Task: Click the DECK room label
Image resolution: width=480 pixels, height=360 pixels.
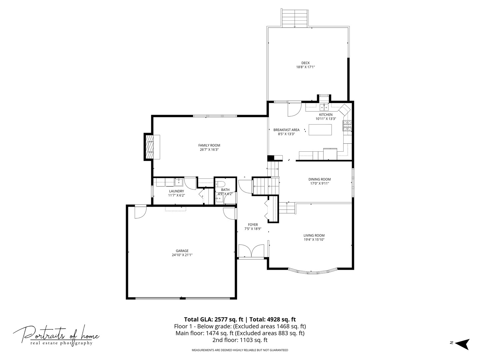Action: (305, 63)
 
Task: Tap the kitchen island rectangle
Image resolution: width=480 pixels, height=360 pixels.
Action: (320, 130)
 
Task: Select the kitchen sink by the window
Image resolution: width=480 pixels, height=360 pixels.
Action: (324, 107)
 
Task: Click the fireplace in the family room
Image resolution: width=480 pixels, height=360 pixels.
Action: (152, 147)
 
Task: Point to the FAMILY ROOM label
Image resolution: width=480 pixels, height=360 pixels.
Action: (209, 145)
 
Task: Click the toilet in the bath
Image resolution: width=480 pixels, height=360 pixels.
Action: (219, 184)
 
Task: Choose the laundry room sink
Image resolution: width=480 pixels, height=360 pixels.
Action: (178, 182)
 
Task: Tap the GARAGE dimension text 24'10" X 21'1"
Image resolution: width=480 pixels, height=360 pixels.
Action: (182, 255)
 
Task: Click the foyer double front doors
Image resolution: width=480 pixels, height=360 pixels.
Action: (251, 251)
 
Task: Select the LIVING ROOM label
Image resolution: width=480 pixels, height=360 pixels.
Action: (314, 235)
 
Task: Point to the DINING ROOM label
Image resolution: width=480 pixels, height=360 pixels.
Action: (319, 179)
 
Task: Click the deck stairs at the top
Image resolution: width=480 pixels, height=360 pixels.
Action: (295, 18)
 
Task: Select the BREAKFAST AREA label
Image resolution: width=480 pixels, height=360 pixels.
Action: (286, 130)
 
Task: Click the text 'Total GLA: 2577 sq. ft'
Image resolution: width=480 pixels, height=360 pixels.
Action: (213, 319)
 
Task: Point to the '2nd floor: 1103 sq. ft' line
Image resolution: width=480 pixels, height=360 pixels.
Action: (240, 340)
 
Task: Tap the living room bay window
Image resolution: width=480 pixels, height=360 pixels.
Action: (313, 271)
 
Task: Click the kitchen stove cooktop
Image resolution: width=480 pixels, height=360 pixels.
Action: (347, 126)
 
